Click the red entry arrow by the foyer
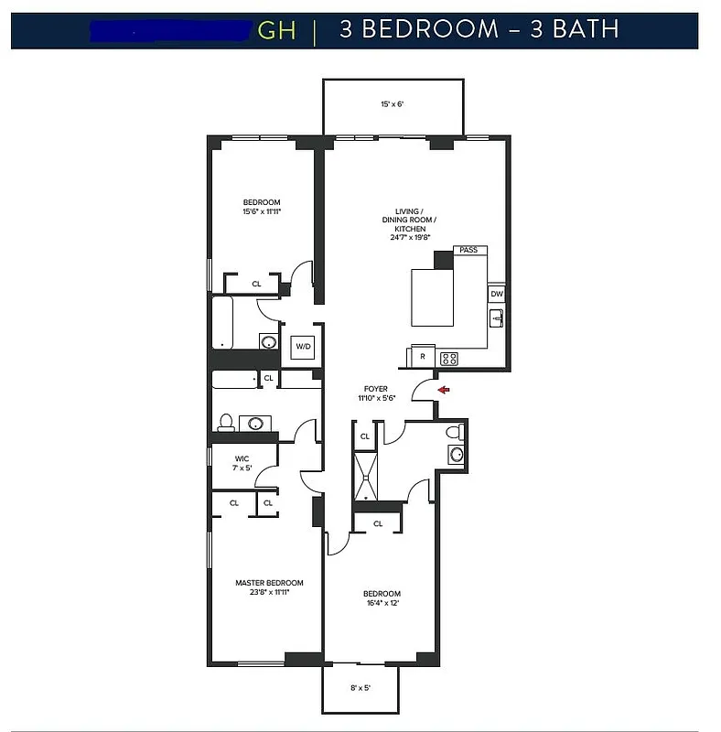444,390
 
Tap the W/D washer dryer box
303,347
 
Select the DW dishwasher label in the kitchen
496,294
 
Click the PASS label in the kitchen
468,250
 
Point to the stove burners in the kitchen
449,358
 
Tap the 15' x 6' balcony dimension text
393,104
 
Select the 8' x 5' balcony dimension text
360,687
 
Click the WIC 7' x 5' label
242,463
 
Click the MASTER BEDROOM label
269,587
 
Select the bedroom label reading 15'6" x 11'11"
262,208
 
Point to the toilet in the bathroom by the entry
452,432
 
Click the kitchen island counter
432,296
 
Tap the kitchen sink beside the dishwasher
496,318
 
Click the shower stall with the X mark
366,477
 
